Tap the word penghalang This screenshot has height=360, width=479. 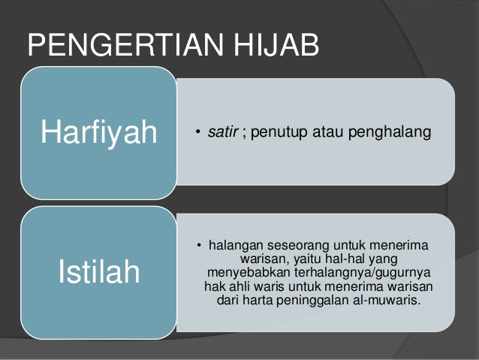[x=396, y=133]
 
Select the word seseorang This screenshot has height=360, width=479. [x=306, y=246]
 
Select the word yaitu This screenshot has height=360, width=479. [x=322, y=259]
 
